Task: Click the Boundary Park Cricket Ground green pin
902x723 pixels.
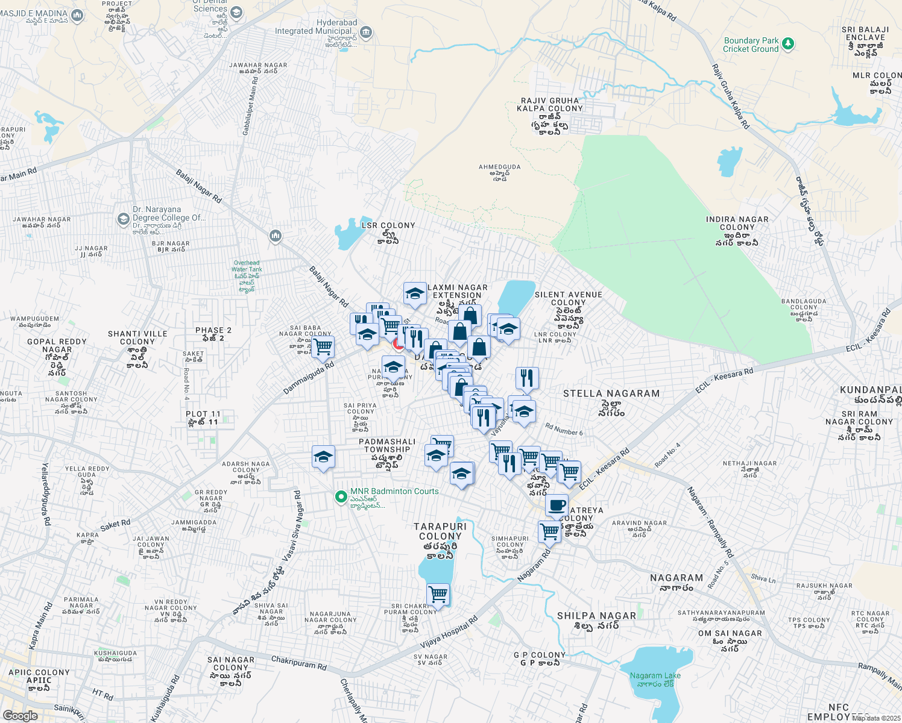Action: pyautogui.click(x=788, y=44)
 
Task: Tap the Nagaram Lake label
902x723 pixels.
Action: pyautogui.click(x=655, y=676)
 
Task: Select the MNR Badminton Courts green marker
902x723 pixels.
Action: pyautogui.click(x=341, y=497)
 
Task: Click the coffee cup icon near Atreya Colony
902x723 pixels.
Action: pyautogui.click(x=557, y=505)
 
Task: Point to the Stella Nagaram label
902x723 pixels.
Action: pyautogui.click(x=611, y=394)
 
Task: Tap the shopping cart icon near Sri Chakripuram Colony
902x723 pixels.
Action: pyautogui.click(x=438, y=595)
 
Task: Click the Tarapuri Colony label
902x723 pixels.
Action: pyautogui.click(x=440, y=531)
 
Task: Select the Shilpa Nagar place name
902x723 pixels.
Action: pyautogui.click(x=596, y=616)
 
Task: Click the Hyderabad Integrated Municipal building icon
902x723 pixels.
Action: pyautogui.click(x=365, y=32)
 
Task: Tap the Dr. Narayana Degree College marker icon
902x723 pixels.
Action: pyautogui.click(x=124, y=218)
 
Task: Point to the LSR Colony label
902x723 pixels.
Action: pyautogui.click(x=388, y=225)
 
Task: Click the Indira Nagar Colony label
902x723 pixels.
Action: pyautogui.click(x=737, y=224)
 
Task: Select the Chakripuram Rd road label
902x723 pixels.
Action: pyautogui.click(x=298, y=663)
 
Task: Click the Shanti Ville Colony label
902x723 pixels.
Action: pyautogui.click(x=137, y=337)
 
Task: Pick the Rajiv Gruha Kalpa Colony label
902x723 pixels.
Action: pyautogui.click(x=550, y=105)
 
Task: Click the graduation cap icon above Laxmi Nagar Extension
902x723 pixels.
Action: pyautogui.click(x=415, y=293)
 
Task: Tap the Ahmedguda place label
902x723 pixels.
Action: pyautogui.click(x=499, y=167)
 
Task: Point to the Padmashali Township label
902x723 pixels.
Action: pyautogui.click(x=387, y=446)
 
